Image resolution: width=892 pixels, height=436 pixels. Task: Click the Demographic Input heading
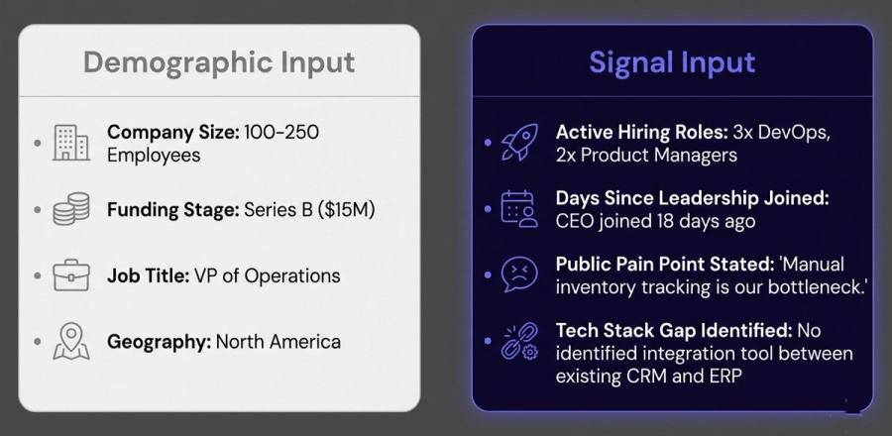pos(219,62)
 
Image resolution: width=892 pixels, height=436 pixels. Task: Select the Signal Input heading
pos(672,62)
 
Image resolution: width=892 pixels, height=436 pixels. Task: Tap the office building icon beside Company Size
pos(71,143)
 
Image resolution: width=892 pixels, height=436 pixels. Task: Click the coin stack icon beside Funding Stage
pos(71,209)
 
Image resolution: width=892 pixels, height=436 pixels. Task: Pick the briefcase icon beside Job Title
pos(71,275)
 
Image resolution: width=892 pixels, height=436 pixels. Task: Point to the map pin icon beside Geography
pos(71,341)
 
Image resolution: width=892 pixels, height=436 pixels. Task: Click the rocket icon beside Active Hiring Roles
pos(519,143)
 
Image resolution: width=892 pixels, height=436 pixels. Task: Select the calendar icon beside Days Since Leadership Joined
pos(519,209)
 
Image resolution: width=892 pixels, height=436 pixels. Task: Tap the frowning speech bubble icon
pos(519,275)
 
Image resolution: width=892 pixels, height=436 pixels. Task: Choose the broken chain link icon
pos(519,341)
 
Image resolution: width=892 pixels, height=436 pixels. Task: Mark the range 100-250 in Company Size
pos(281,133)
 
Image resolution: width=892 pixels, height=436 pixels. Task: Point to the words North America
pos(279,342)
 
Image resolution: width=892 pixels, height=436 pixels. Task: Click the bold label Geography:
pos(160,342)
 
